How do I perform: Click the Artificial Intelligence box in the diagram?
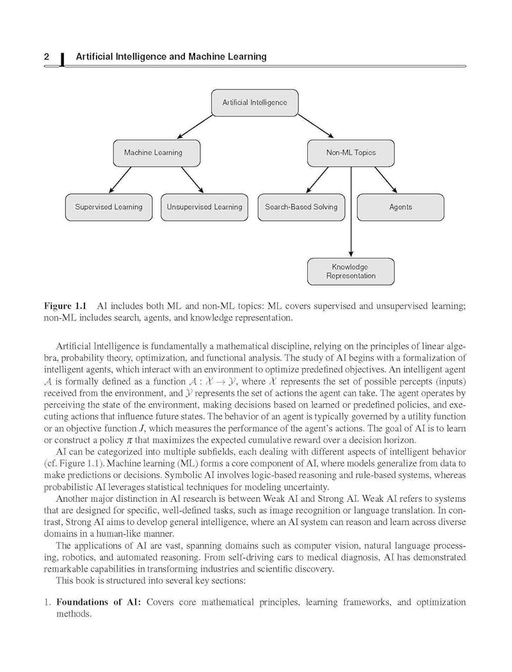click(x=255, y=102)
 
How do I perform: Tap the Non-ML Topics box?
click(x=351, y=152)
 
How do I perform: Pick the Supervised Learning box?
click(x=109, y=207)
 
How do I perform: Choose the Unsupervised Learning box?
click(x=205, y=207)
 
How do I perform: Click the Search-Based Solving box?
click(x=301, y=207)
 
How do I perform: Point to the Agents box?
click(x=401, y=207)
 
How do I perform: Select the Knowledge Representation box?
click(x=351, y=271)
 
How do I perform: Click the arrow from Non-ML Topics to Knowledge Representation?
click(x=351, y=218)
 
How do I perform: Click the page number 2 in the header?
click(x=47, y=57)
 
